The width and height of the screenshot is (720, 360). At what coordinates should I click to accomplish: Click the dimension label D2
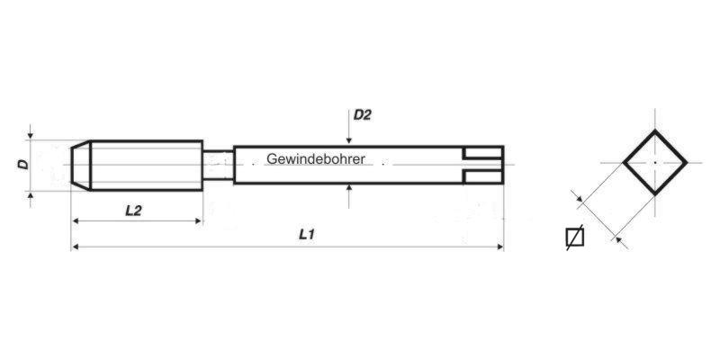(x=362, y=115)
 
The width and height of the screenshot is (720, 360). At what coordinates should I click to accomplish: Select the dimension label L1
(x=306, y=235)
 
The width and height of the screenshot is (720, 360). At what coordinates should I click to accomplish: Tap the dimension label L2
(x=133, y=211)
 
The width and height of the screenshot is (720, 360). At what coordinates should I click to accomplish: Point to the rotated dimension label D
(x=23, y=164)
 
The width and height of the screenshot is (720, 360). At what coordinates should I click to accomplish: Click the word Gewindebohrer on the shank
(x=316, y=159)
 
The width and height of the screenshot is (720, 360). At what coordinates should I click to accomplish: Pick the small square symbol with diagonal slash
(x=575, y=238)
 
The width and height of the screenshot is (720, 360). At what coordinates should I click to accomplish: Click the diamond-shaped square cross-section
(x=655, y=130)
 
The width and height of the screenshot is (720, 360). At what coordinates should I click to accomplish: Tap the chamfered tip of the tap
(x=81, y=165)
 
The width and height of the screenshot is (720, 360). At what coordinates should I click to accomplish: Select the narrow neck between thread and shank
(x=218, y=165)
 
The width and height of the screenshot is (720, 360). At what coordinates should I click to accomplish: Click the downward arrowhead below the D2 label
(x=349, y=140)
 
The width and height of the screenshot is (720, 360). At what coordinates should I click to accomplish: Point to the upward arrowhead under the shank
(x=349, y=187)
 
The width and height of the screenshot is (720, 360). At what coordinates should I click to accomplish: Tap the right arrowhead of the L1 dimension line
(x=499, y=247)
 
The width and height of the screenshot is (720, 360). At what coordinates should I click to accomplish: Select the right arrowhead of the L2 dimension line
(x=198, y=220)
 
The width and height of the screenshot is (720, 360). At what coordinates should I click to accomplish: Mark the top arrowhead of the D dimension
(x=31, y=136)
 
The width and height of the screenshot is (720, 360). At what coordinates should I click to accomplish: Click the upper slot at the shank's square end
(x=483, y=153)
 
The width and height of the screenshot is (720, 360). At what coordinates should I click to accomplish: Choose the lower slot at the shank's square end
(x=483, y=176)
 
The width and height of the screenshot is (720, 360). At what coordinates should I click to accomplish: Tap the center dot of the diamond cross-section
(x=655, y=163)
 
